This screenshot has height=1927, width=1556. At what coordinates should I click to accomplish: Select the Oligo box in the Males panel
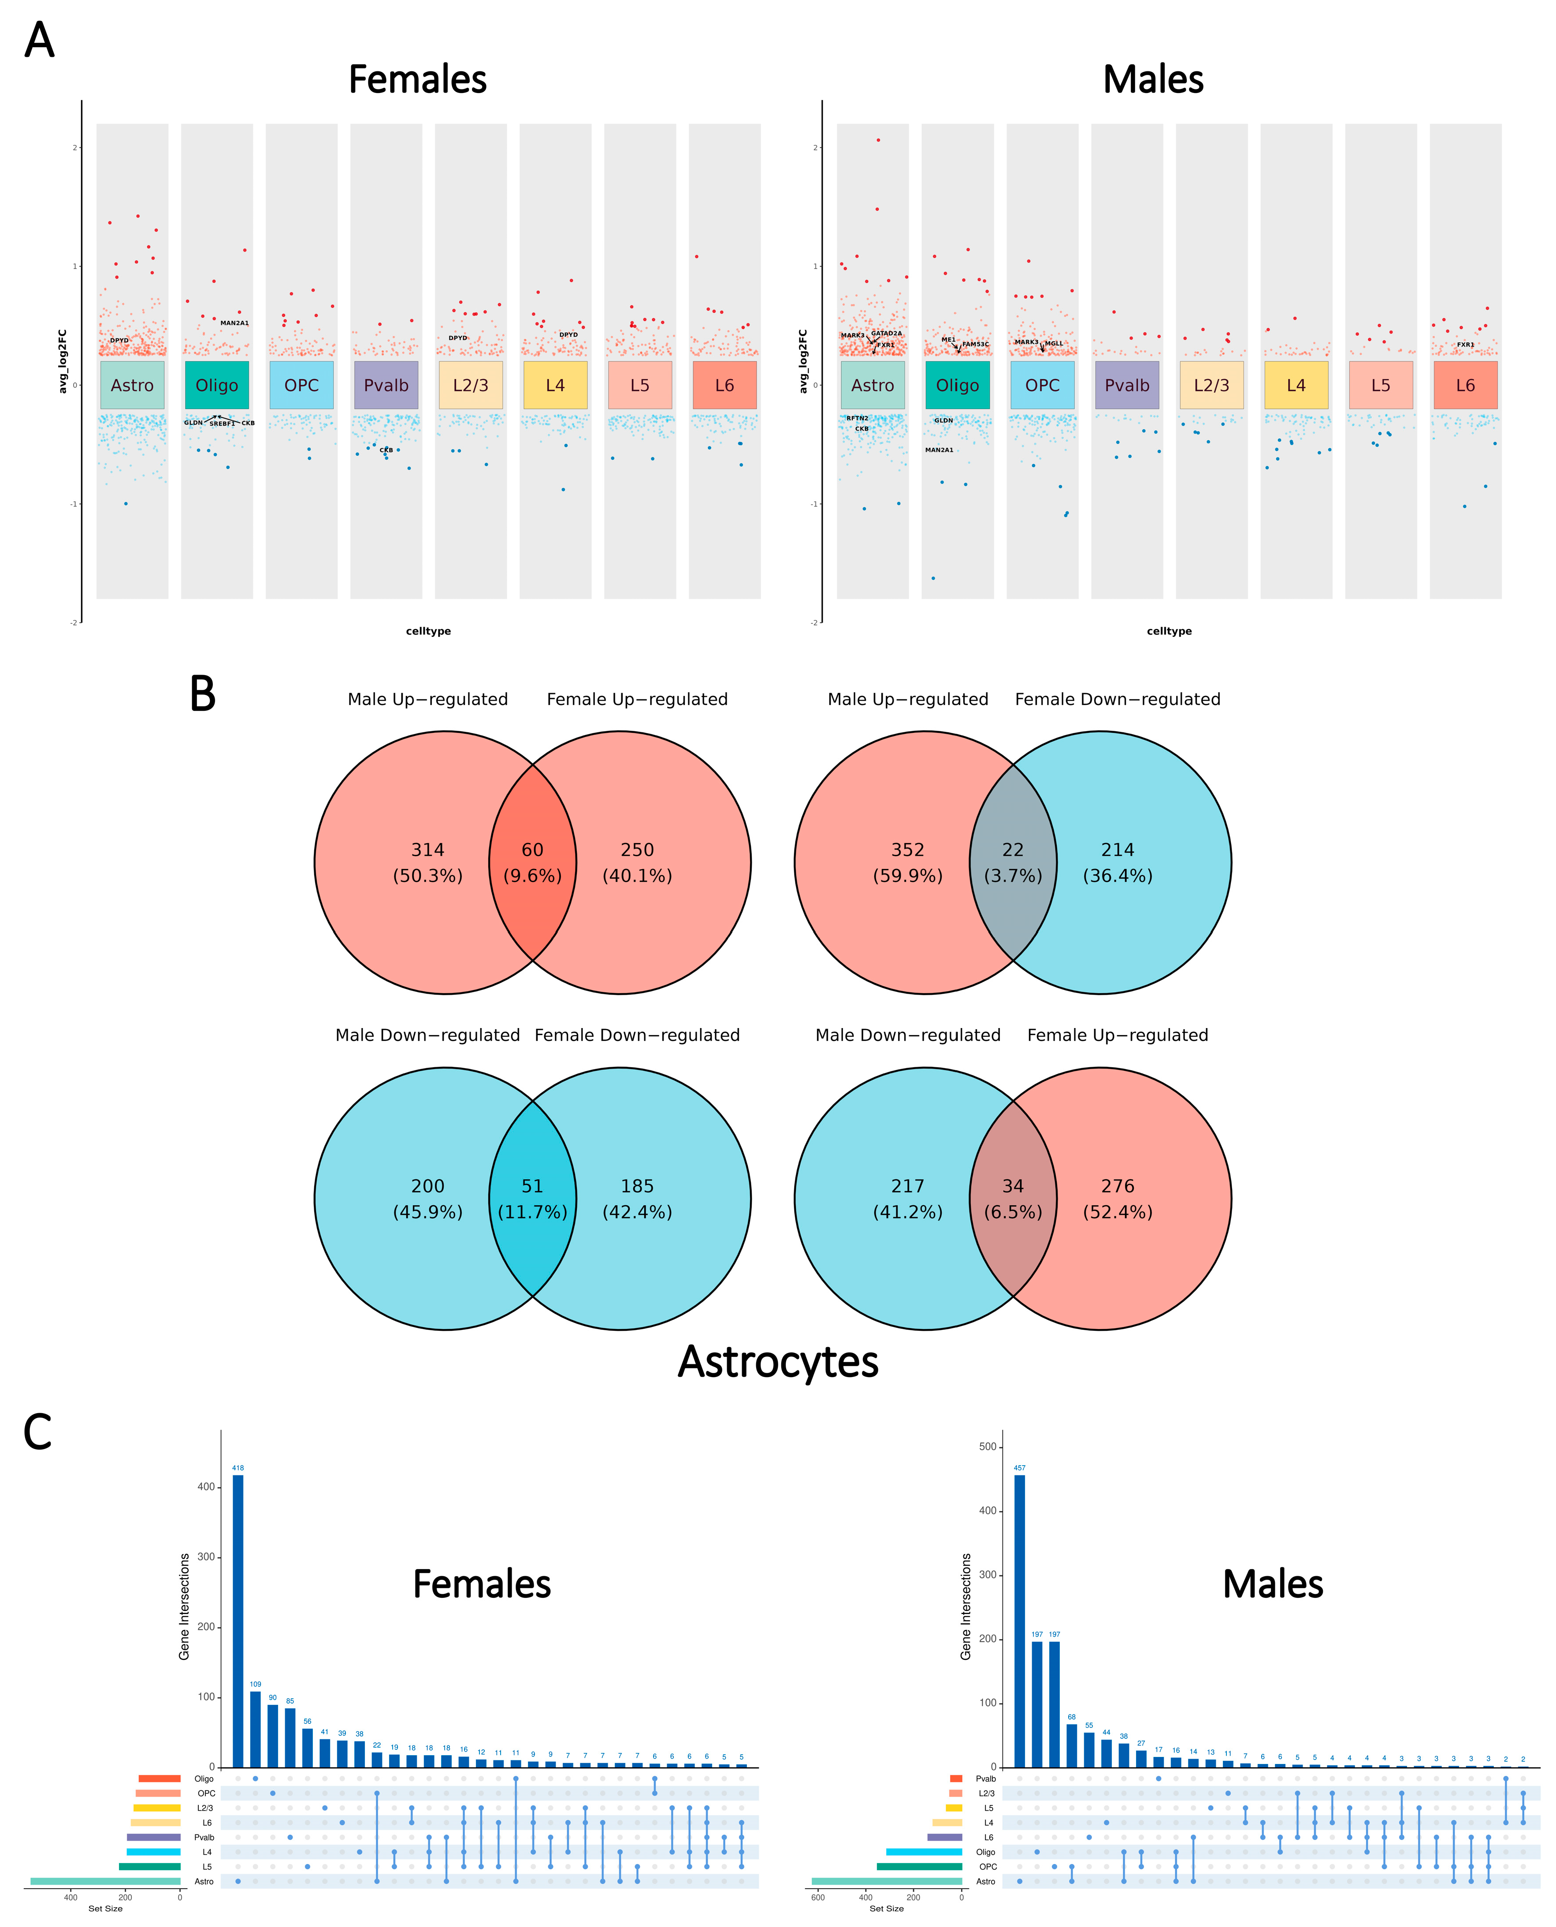pos(957,386)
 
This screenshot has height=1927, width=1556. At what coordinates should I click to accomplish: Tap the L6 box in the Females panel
pos(724,386)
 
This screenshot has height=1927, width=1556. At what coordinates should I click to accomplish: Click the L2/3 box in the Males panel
pos(1211,386)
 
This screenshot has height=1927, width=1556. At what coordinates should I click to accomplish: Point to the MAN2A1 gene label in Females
pos(235,323)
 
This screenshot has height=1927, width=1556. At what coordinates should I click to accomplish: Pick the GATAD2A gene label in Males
pos(887,334)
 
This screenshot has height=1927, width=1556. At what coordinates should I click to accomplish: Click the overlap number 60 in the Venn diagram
pos(532,850)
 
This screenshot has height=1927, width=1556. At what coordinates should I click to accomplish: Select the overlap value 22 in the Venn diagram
pos(1013,850)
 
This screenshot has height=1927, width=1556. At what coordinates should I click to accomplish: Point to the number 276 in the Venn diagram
pos(1118,1186)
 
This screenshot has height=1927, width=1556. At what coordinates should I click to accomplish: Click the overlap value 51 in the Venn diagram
pos(532,1186)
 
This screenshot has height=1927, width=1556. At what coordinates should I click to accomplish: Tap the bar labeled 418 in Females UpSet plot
pos(238,1613)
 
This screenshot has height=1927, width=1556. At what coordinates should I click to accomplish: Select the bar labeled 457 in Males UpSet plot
pos(1019,1613)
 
